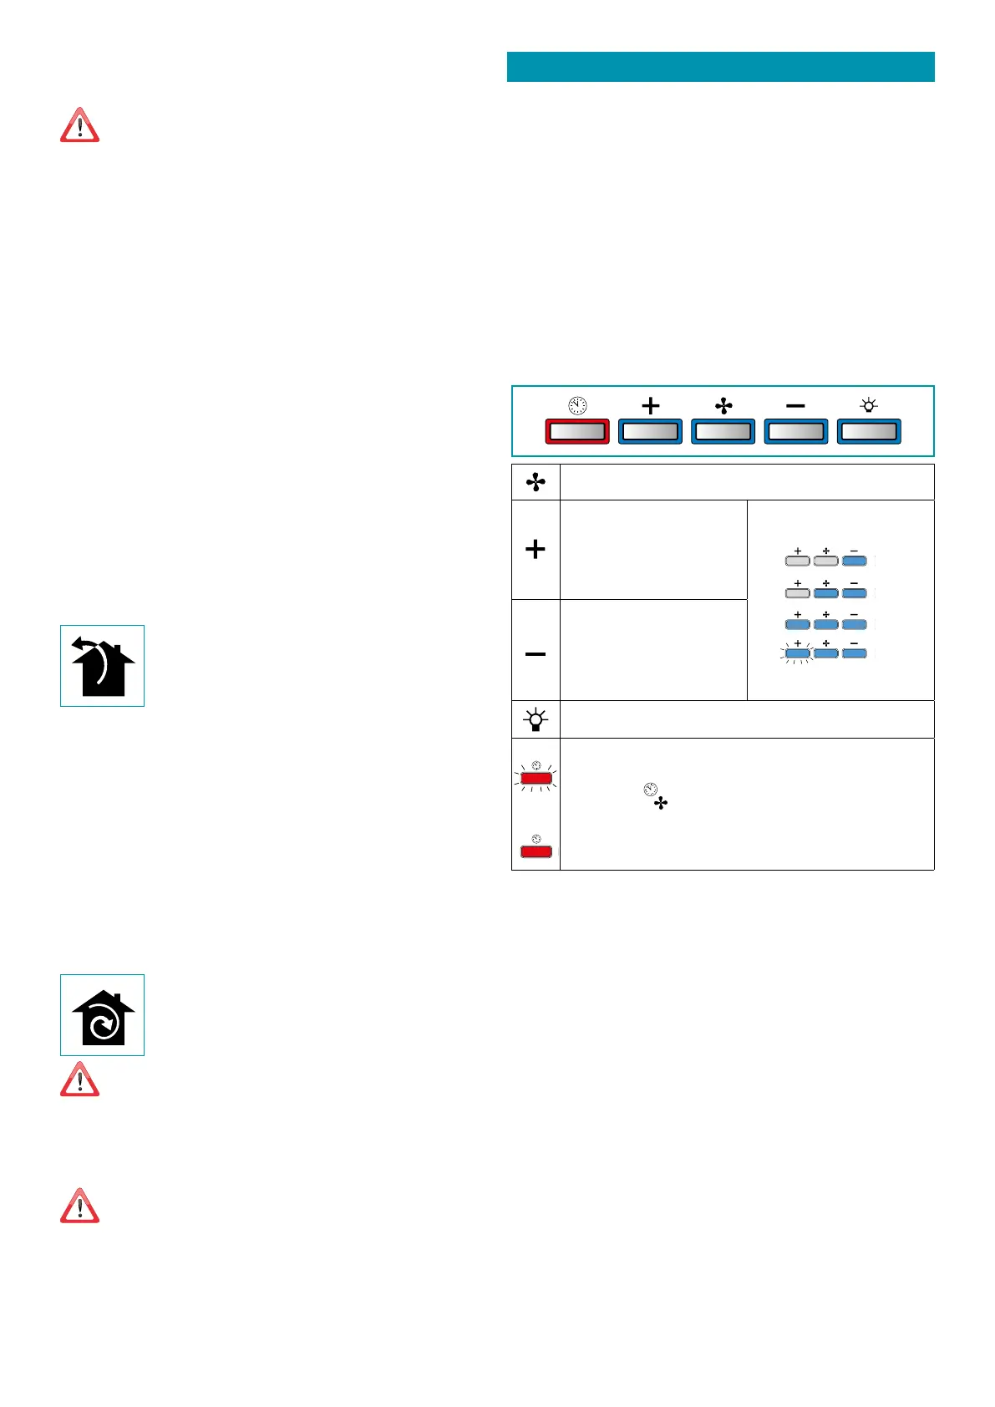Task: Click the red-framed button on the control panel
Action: (x=577, y=431)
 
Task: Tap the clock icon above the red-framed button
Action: (x=577, y=406)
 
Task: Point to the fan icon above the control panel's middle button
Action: (x=723, y=406)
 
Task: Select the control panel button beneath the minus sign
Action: (x=796, y=431)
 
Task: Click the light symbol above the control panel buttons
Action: (x=869, y=406)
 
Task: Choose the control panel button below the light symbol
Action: (x=869, y=431)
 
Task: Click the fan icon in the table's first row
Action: (x=536, y=482)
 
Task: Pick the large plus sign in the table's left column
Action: (x=536, y=549)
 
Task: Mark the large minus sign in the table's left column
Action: (x=536, y=653)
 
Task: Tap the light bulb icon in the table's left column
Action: (x=536, y=719)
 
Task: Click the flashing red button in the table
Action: (x=536, y=779)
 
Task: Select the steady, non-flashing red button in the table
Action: (x=536, y=851)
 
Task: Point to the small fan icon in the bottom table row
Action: (x=661, y=804)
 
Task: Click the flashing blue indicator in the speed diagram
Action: (x=798, y=653)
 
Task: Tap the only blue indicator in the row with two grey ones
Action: (x=854, y=561)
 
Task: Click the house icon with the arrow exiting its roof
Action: (x=102, y=666)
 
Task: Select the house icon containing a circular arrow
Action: (x=102, y=1015)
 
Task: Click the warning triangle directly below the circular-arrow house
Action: (x=79, y=1079)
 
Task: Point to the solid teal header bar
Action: (x=720, y=67)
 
